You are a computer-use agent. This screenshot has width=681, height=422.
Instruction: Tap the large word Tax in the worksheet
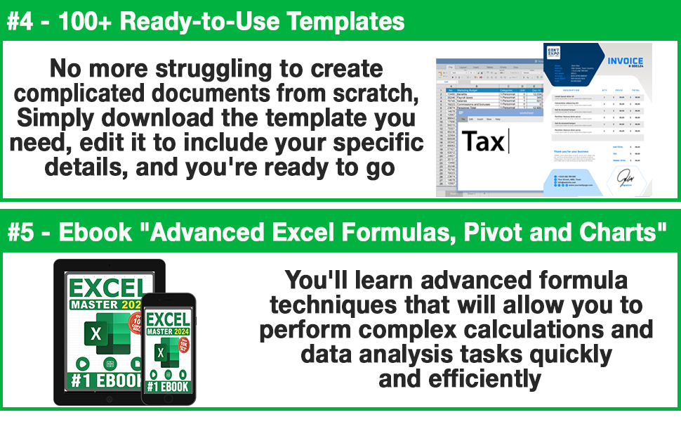(x=483, y=141)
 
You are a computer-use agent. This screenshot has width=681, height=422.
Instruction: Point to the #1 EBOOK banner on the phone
(x=168, y=385)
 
